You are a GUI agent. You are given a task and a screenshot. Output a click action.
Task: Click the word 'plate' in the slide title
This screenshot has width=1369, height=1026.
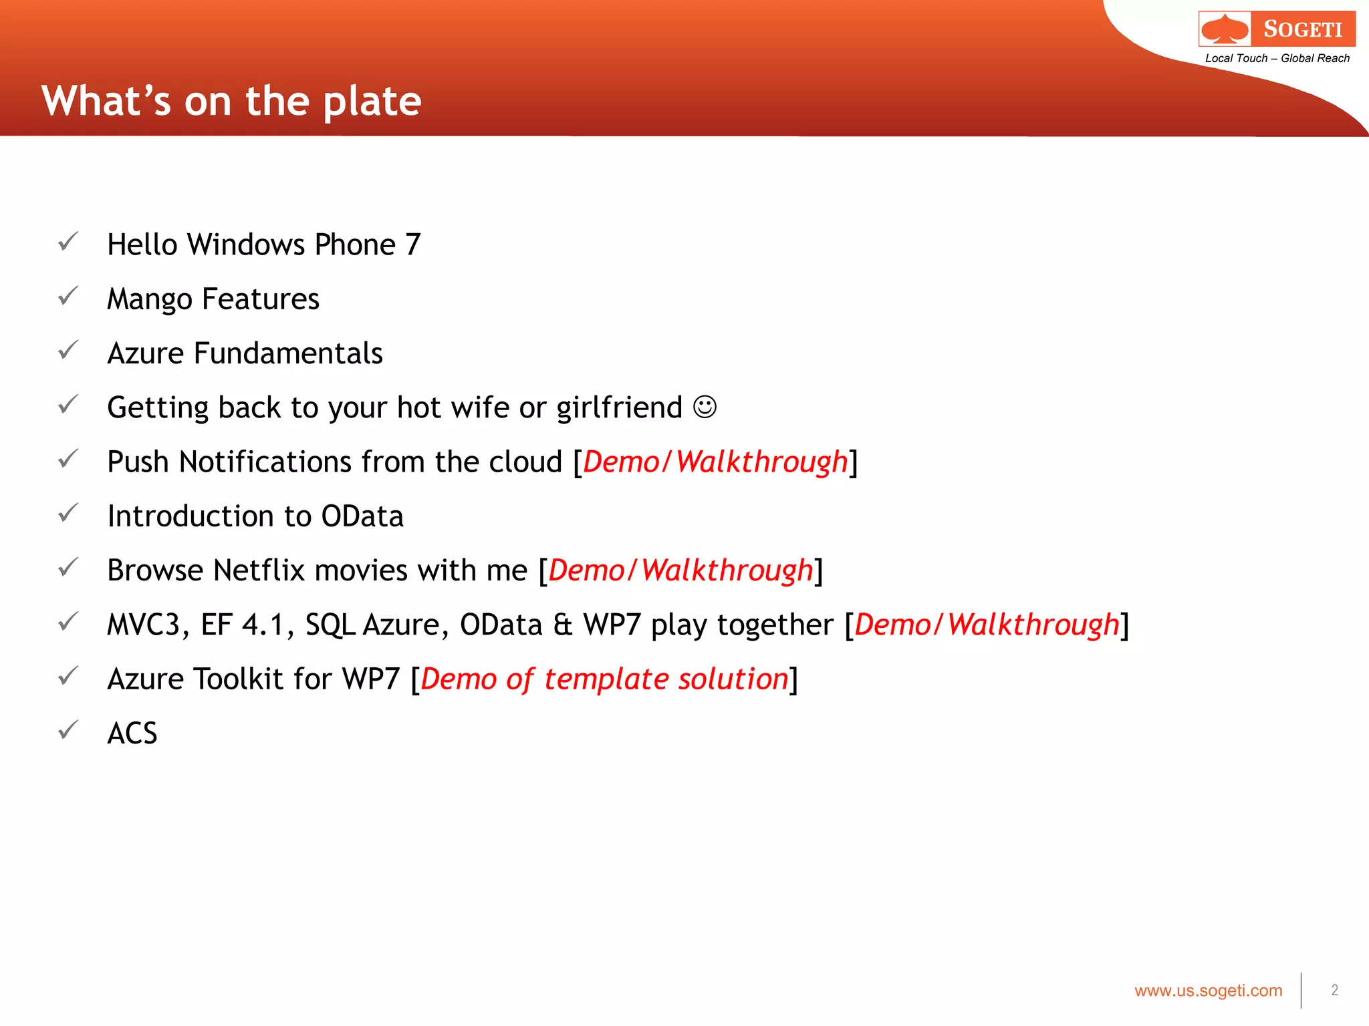point(372,102)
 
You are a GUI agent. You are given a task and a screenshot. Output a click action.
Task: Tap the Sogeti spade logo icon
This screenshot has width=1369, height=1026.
point(1225,29)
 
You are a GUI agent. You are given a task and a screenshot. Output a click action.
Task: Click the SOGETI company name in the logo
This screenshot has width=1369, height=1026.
point(1303,29)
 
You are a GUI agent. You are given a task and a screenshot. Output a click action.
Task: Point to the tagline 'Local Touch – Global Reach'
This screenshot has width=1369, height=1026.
point(1277,59)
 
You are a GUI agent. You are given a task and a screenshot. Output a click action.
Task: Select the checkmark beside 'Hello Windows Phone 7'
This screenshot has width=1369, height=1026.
point(68,242)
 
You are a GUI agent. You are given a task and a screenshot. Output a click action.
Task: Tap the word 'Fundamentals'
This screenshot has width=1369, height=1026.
point(288,353)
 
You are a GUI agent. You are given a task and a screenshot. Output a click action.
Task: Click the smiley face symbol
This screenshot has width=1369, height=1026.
point(705,407)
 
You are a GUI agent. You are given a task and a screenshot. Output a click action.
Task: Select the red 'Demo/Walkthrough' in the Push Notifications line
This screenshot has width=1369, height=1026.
point(715,462)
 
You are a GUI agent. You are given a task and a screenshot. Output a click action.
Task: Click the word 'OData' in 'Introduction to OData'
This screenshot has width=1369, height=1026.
point(362,516)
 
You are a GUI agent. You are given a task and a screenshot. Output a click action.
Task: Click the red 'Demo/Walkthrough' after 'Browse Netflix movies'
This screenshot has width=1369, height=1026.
point(680,571)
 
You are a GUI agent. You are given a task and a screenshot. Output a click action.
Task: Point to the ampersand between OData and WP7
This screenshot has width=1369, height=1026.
point(563,625)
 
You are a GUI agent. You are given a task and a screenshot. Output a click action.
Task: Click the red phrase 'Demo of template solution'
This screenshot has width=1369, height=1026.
point(604,679)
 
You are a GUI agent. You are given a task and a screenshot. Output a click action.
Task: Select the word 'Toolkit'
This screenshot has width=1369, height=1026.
point(239,679)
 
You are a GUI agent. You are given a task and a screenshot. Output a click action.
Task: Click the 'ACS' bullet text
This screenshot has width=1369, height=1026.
point(132,733)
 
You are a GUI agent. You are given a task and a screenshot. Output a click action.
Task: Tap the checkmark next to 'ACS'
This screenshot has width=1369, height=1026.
point(68,730)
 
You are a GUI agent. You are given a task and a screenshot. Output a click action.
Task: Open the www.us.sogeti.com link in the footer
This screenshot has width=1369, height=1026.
point(1208,991)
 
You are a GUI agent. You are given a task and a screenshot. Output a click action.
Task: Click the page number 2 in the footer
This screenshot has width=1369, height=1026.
point(1334,991)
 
